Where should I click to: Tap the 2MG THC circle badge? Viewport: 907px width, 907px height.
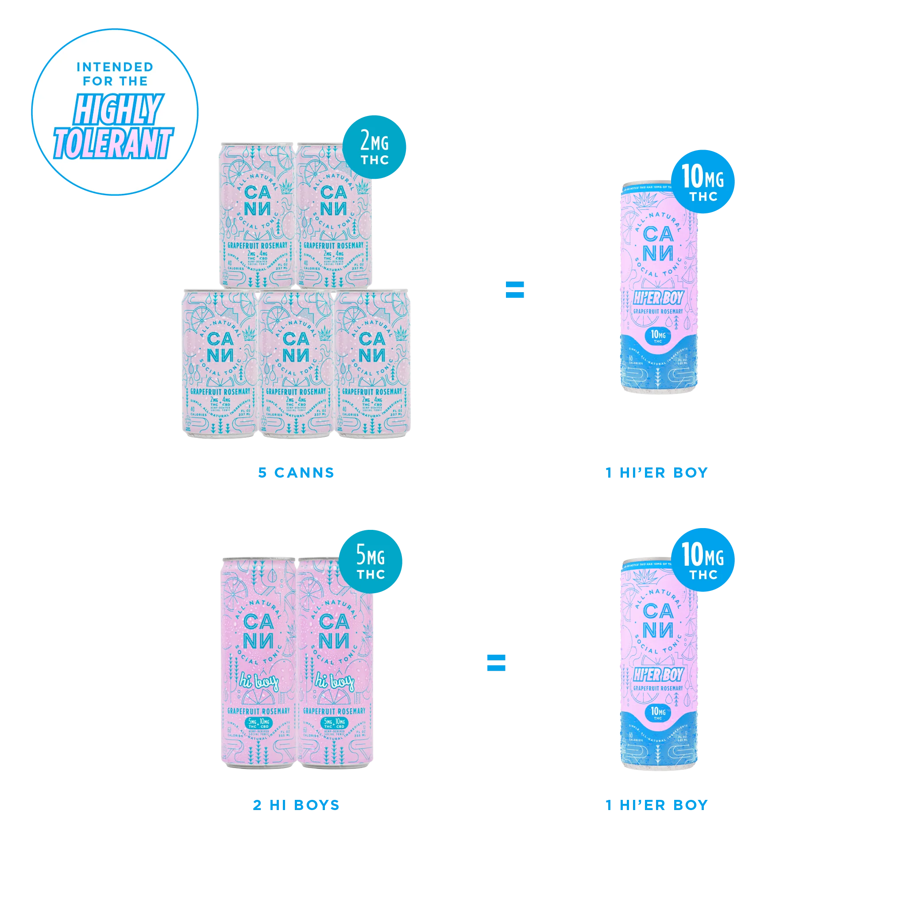point(374,147)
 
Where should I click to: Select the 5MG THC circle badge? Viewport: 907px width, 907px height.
point(371,560)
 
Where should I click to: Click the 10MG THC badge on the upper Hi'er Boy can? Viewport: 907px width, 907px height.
point(703,182)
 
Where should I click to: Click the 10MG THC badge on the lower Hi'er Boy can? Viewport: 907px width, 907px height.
point(703,560)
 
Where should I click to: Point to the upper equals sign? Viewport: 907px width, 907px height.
point(513,290)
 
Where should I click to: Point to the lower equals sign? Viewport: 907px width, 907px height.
point(496,662)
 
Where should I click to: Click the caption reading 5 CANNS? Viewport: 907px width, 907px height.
point(296,472)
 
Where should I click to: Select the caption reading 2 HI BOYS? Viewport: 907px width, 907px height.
point(296,805)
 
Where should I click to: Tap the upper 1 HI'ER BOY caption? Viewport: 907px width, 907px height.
point(656,472)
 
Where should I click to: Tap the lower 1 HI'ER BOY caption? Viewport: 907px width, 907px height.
point(656,805)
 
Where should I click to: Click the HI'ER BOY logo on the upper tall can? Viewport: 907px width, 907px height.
point(658,297)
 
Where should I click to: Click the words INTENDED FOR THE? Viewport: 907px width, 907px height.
point(115,74)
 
